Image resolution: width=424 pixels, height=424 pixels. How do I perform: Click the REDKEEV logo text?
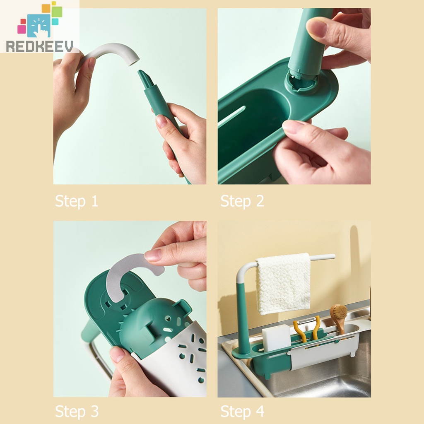40,46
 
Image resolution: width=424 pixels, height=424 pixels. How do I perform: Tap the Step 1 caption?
77,201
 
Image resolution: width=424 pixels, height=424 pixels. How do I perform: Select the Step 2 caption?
242,201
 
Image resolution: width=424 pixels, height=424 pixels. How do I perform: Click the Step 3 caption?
77,411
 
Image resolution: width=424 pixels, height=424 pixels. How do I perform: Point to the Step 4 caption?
242,411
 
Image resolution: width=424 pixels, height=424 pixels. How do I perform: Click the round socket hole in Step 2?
301,82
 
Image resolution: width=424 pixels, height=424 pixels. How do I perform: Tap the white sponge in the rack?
276,337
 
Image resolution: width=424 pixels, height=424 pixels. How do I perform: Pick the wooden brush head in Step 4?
338,312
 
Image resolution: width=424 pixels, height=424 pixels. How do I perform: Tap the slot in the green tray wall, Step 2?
232,117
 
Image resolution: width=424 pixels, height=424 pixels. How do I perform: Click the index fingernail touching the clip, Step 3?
153,255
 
